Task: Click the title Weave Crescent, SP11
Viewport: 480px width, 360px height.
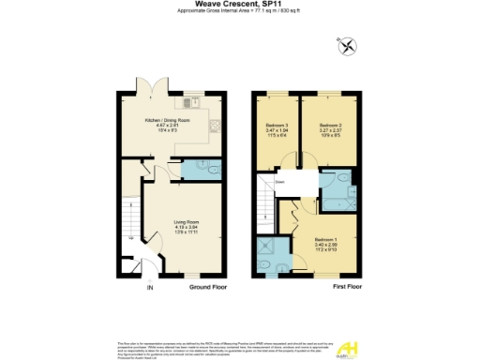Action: [240, 5]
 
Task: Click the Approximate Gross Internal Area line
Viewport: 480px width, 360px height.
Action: [240, 12]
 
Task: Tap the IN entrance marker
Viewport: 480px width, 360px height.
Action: [149, 287]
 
